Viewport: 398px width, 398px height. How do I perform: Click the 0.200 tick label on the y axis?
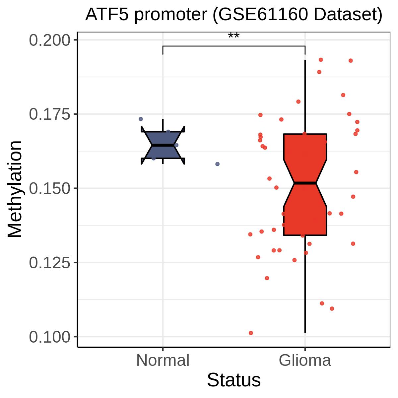49,40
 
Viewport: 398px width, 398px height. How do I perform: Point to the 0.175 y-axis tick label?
49,114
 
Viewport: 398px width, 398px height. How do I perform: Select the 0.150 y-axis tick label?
49,188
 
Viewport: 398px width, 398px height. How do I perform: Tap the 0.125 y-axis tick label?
49,263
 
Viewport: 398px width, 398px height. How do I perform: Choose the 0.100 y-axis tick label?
49,337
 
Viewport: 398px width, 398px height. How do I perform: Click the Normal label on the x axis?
163,361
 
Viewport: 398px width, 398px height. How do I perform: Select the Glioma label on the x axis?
305,361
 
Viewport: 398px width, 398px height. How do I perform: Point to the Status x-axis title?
233,380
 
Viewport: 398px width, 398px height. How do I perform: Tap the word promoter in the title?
170,15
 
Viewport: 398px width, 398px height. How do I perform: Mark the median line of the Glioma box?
305,183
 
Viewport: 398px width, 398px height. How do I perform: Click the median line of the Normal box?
163,145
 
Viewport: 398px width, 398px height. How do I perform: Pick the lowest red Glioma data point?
251,333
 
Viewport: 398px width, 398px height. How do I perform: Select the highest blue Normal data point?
141,119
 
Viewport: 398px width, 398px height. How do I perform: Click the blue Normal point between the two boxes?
217,164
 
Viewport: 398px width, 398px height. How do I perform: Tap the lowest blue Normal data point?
217,164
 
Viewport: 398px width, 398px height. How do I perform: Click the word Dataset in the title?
345,15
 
